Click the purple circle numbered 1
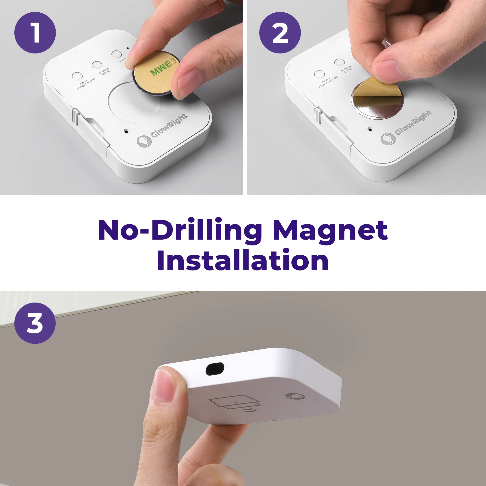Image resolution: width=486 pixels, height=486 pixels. click(x=35, y=33)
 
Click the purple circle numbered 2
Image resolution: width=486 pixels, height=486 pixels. click(x=280, y=33)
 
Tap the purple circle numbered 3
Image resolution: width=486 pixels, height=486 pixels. click(x=35, y=323)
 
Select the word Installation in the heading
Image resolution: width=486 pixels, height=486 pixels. click(x=243, y=260)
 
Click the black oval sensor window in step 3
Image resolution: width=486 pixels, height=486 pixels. click(x=215, y=369)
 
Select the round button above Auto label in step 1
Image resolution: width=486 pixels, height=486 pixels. click(x=77, y=76)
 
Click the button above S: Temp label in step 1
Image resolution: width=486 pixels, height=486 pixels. click(x=97, y=65)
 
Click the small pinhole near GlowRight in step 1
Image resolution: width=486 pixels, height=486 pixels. click(x=126, y=131)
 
